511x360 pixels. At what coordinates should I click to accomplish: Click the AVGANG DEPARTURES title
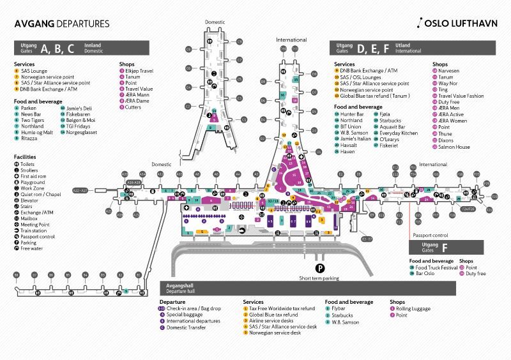click(61, 24)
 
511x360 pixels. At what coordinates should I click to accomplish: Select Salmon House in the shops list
click(454, 147)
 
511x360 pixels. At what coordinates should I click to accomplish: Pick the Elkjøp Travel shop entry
click(139, 71)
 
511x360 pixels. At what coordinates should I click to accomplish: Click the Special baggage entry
click(186, 315)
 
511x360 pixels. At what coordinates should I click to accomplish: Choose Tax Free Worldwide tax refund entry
click(282, 309)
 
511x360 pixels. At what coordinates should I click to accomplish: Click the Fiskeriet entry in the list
click(389, 145)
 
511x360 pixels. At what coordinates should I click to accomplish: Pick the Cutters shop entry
click(133, 107)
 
